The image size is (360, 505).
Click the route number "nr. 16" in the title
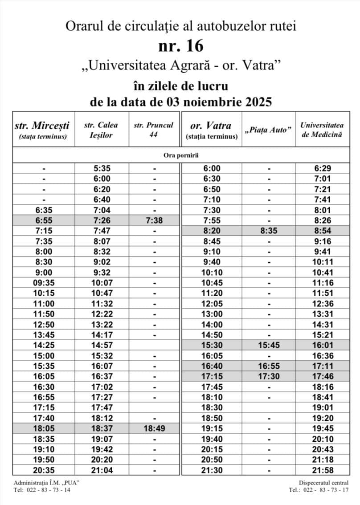point(180,45)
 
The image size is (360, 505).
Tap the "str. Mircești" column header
point(43,130)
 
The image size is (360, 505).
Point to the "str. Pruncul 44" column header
point(153,130)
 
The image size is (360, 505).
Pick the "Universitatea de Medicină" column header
point(322,130)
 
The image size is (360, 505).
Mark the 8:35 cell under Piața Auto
point(269,231)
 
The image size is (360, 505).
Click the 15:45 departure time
point(269,345)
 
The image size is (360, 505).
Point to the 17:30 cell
point(269,376)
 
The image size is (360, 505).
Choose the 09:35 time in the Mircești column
point(43,283)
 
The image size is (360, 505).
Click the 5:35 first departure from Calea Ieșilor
point(102,168)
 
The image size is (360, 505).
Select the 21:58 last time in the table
point(323,470)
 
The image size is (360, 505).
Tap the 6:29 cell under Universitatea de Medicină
point(323,168)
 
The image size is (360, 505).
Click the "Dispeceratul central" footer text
point(324,483)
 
